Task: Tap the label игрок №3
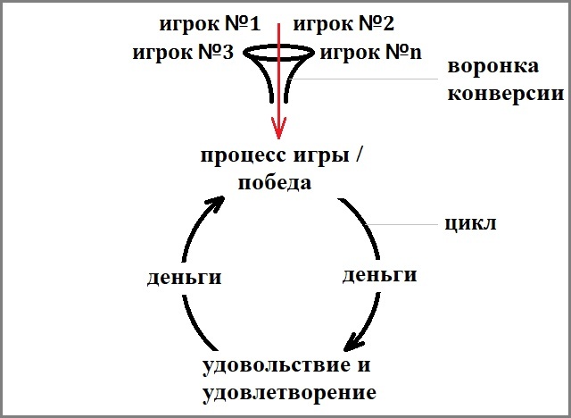pos(182,53)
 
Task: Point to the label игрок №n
pos(370,53)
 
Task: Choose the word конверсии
pos(506,93)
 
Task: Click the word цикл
pos(469,223)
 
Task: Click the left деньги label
pos(183,277)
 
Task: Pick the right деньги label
pos(380,274)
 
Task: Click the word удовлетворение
pos(289,392)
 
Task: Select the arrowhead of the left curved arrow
pos(216,204)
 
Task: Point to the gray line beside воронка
pos(366,79)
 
